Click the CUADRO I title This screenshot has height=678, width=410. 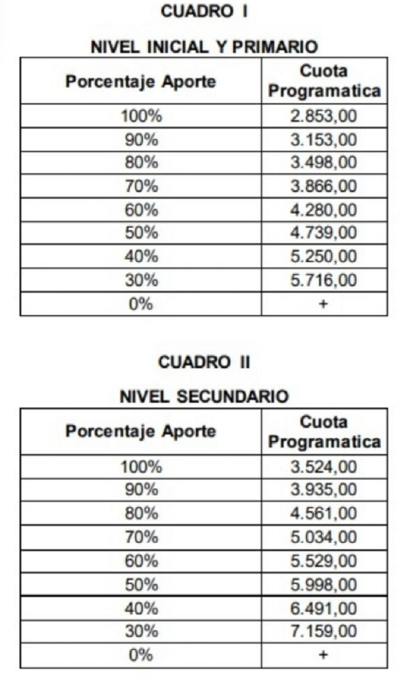204,11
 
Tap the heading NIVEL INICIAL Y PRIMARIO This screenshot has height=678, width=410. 204,47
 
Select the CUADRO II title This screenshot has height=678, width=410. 204,362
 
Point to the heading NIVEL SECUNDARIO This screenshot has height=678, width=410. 204,398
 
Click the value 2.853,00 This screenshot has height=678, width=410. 324,116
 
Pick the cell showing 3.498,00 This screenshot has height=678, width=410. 324,163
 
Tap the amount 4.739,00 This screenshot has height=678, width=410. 324,234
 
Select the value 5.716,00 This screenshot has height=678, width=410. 324,280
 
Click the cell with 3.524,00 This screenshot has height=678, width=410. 324,467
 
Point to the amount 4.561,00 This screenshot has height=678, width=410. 324,514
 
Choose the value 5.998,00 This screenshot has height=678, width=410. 324,584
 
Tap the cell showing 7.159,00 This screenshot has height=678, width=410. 324,631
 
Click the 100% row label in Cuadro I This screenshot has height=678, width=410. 141,116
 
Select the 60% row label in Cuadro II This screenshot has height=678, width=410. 141,561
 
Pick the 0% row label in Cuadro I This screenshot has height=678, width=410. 141,304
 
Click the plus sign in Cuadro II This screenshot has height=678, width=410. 324,655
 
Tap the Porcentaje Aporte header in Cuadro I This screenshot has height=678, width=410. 141,81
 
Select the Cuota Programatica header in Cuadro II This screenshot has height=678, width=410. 324,432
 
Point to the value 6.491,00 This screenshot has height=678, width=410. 324,608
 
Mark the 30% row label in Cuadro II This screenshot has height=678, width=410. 141,631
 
